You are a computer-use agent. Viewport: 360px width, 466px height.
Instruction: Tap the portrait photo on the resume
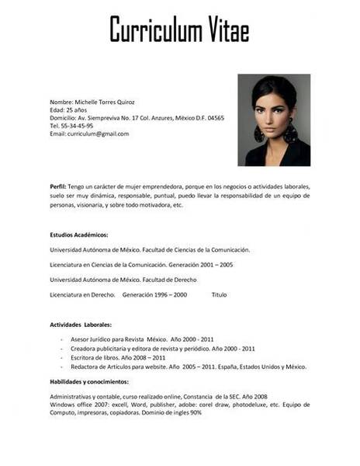coord(273,120)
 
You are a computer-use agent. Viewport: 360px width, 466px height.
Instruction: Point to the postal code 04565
coord(215,118)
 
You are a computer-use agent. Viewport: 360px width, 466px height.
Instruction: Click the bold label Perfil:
coord(58,187)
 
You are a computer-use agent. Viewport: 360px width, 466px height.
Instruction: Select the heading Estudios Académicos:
coord(79,234)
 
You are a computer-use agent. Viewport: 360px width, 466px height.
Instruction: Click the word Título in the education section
coord(219,295)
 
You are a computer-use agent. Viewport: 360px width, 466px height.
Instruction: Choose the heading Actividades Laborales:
coord(81,324)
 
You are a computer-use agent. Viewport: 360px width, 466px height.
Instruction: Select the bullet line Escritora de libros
coord(118,357)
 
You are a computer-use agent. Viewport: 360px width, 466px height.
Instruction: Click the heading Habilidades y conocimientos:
coord(89,382)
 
